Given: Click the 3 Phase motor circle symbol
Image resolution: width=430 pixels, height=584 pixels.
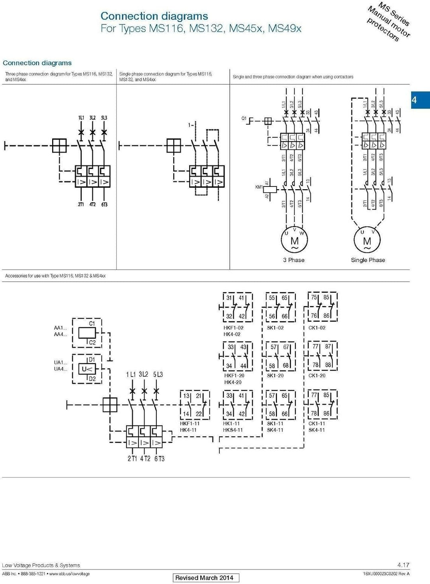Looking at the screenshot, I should pos(295,240).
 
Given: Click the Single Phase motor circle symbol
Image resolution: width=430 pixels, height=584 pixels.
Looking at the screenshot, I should pos(367,240).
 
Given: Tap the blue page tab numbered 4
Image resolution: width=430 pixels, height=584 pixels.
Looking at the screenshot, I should pos(420,100).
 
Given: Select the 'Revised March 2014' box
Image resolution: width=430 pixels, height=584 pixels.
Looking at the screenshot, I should pos(205,578).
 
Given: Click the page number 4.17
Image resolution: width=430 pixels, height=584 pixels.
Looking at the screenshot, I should pos(403,565).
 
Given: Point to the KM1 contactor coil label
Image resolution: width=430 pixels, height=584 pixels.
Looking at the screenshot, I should pos(259,187).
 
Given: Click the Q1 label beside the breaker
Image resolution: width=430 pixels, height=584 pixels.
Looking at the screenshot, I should pos(244,118).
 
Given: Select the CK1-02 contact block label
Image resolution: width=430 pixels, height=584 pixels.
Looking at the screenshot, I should pos(317,328).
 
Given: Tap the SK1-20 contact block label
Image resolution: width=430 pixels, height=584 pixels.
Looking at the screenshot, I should pos(275,376).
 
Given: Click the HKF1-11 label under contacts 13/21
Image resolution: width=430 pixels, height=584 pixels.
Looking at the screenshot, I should pos(190,423).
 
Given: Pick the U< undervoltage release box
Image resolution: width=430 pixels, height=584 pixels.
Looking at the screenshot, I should pos(87,369).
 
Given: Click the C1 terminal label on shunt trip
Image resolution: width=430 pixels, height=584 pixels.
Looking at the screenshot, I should pos(92,323).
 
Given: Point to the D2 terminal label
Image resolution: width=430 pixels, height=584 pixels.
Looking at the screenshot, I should pos(92,379).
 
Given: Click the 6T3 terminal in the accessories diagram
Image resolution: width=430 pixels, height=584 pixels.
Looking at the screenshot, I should pos(159,459).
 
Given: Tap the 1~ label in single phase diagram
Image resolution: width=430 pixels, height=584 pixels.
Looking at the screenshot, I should pos(191,125).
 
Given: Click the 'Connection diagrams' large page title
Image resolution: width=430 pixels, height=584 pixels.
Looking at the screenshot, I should pos(154,16).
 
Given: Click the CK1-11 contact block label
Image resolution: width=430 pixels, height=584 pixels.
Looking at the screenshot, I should pos(317,423).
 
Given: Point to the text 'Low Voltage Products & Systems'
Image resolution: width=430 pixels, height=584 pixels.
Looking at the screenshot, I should pos(41,565).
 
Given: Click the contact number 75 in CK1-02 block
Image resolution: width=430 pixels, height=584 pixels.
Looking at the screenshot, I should pos(314,297).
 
